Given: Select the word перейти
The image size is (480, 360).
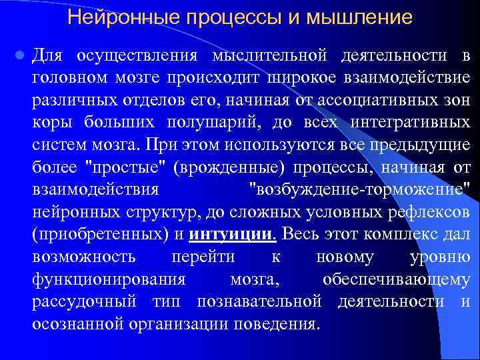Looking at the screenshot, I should point(203,257).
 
